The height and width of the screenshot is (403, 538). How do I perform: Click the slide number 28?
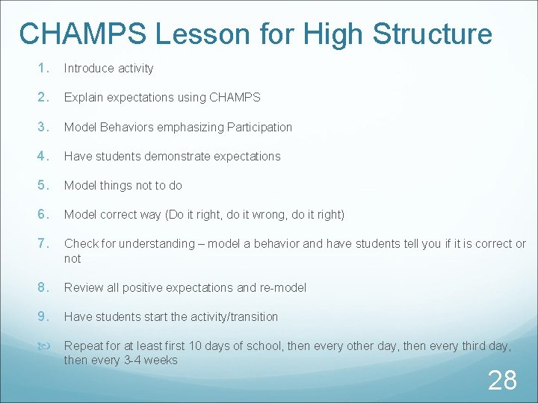pos(502,380)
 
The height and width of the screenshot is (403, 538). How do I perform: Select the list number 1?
pos(43,68)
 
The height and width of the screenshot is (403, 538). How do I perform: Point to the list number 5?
pos(43,185)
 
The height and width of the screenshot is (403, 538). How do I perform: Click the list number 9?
pos(43,316)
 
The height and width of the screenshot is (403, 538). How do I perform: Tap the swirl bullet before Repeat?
pos(43,346)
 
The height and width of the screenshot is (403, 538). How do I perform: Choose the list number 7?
pos(43,244)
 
